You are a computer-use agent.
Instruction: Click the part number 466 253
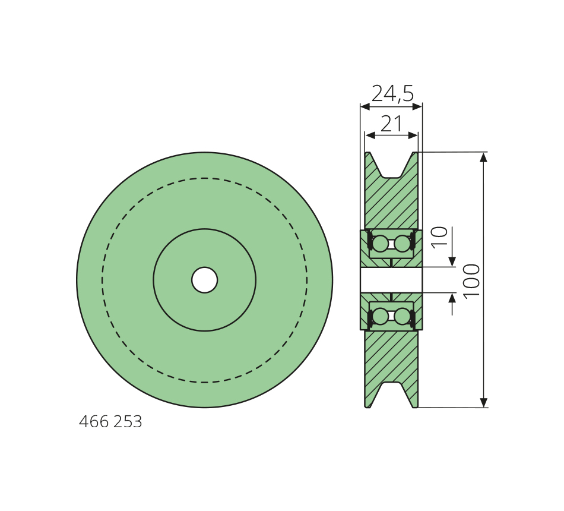[110, 422]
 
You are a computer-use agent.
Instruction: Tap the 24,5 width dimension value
[392, 94]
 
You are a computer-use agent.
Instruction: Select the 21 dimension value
[391, 124]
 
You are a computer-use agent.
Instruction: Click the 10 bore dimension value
[439, 237]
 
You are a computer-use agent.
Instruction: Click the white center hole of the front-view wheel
[205, 280]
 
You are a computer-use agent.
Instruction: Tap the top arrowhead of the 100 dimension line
[484, 157]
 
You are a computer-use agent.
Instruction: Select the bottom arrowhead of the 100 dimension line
[484, 403]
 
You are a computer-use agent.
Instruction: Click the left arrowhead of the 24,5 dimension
[365, 106]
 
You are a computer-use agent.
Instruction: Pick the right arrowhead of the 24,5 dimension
[417, 106]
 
